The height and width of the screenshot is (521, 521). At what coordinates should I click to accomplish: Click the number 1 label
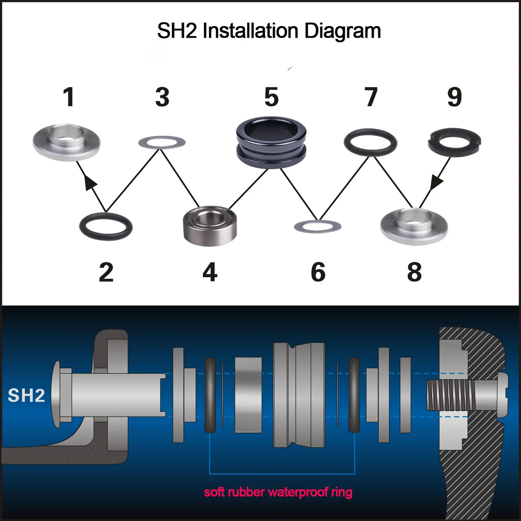[69, 97]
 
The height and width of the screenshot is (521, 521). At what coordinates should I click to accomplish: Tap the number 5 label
[271, 97]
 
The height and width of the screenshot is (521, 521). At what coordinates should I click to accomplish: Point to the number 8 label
[414, 272]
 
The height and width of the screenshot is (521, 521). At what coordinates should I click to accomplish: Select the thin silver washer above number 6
[318, 226]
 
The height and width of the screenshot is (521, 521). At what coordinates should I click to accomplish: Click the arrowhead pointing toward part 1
[89, 183]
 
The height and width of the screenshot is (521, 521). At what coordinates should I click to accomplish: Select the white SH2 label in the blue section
[26, 395]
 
